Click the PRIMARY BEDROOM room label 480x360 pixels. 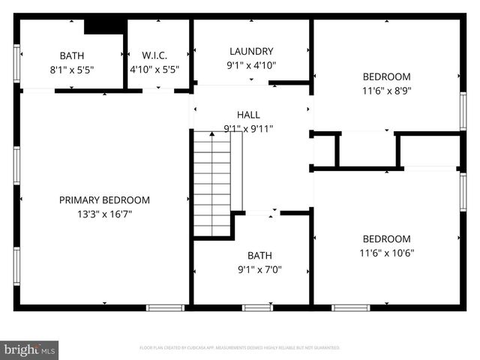(x=104, y=200)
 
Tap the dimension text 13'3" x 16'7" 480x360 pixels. (x=104, y=214)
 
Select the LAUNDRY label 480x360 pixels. (x=251, y=51)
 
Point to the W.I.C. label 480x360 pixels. (x=154, y=55)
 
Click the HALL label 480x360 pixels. (x=248, y=115)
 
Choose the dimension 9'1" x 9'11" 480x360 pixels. (x=248, y=128)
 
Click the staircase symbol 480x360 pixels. (x=212, y=172)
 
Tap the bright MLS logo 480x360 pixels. (x=30, y=349)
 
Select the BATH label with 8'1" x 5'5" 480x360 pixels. (x=72, y=55)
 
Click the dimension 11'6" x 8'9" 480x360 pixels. (x=386, y=90)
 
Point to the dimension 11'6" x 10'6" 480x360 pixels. (x=386, y=253)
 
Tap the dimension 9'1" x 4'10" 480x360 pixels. (x=251, y=64)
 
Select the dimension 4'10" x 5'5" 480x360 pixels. (x=154, y=69)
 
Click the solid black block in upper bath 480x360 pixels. (x=104, y=26)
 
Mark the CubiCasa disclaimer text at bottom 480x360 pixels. (x=240, y=348)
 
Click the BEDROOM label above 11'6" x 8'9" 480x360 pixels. (x=386, y=76)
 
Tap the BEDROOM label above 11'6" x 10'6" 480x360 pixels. (x=386, y=239)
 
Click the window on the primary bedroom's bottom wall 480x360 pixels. (x=165, y=307)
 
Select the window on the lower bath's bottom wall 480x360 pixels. (x=257, y=307)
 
